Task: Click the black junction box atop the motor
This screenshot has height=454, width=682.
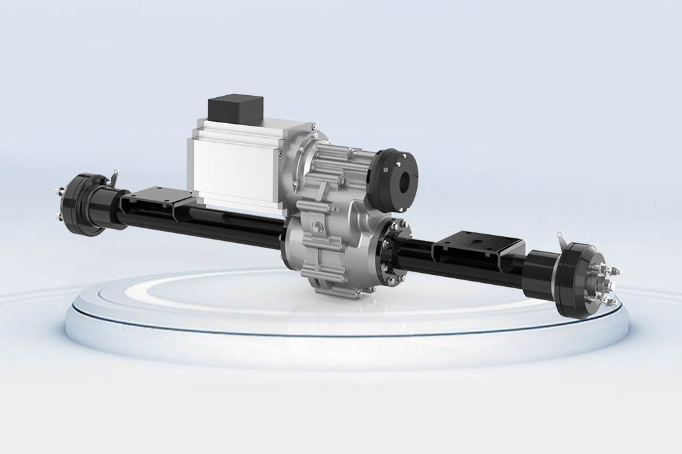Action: (x=235, y=109)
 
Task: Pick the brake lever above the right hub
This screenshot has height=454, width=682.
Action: (x=563, y=239)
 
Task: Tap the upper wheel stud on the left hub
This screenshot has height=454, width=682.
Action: (x=58, y=193)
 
